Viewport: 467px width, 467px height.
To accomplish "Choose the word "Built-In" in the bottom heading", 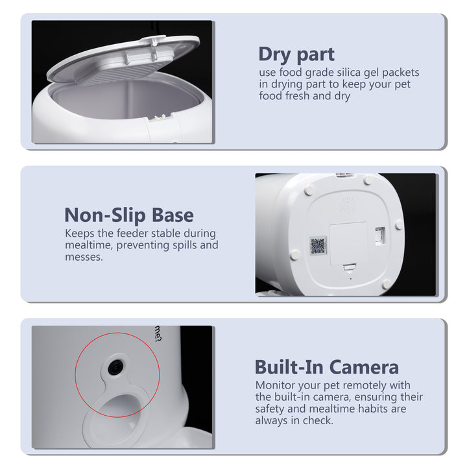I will (289, 367).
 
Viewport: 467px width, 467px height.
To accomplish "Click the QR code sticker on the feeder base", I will (318, 246).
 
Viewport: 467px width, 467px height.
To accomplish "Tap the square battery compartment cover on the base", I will (348, 242).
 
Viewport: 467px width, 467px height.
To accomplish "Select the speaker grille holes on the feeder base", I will (348, 204).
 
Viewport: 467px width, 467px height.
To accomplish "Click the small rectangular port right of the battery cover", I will (381, 233).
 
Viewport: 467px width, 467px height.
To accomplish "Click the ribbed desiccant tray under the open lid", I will (136, 71).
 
